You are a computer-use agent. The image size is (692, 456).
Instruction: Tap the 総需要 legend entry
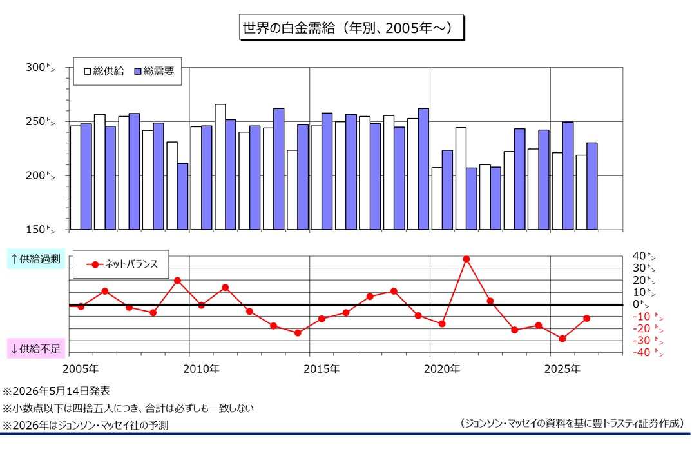coord(155,71)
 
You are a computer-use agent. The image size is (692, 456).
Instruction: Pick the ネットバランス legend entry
coord(122,264)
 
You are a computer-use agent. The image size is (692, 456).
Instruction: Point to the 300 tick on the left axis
coord(40,68)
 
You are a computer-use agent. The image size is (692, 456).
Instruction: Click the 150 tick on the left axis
coord(40,230)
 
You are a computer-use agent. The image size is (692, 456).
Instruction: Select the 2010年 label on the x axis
coord(201,368)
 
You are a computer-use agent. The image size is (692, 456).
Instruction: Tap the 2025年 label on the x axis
coord(562,368)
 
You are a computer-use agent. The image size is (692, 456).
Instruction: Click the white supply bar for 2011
coord(220,167)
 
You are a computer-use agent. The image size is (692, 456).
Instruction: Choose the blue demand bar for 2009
coord(183,197)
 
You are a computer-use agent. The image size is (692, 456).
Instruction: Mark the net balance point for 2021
coord(466,259)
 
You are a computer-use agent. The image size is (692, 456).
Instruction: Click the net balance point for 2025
coord(562,339)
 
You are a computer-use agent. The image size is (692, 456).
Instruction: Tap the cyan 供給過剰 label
coord(35,259)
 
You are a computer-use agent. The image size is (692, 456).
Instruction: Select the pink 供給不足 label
coord(35,348)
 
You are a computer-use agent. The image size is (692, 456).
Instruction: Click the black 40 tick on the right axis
coord(644,256)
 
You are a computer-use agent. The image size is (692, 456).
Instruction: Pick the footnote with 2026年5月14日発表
coord(57,391)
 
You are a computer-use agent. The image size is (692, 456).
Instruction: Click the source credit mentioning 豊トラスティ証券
coord(572,423)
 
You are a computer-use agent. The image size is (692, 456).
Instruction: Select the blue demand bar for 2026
coord(592,186)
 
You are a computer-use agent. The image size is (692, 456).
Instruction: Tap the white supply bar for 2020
coord(437,199)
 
